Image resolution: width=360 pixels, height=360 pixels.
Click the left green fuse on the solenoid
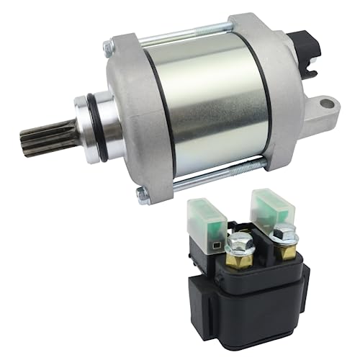206,212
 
